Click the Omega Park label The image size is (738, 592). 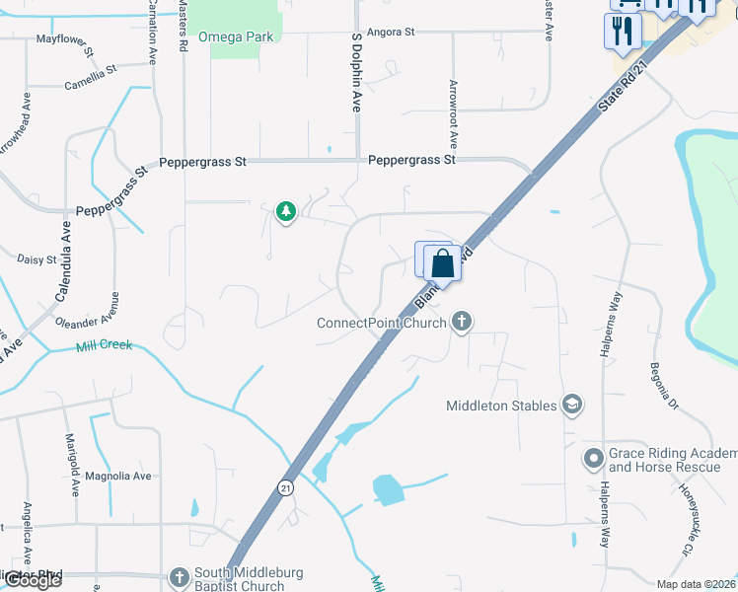tap(236, 37)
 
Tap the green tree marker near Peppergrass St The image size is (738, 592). tap(286, 211)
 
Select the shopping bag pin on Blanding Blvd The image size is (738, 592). tap(443, 263)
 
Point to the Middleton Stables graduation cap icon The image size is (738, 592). tap(571, 404)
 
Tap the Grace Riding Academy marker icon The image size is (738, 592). tap(593, 458)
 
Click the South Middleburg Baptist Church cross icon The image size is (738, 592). tap(180, 576)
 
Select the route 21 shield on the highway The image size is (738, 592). tap(285, 487)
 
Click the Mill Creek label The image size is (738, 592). tap(104, 346)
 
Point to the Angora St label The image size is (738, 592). tap(391, 32)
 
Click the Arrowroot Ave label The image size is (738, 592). tap(454, 114)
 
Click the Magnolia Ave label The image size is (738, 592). tap(118, 476)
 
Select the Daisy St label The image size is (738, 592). tap(37, 259)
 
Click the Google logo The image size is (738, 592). tap(32, 580)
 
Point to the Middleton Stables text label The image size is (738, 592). tap(501, 405)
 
